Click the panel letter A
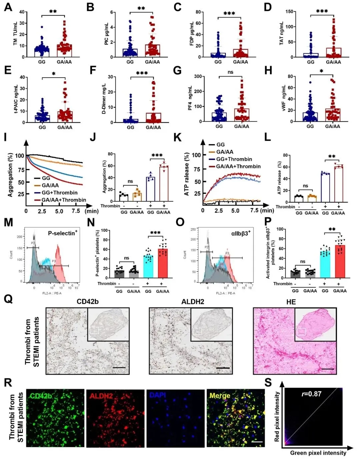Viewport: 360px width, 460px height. pyautogui.click(x=8, y=7)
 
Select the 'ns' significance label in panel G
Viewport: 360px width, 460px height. pyautogui.click(x=230, y=72)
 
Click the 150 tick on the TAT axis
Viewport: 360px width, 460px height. pyautogui.click(x=289, y=12)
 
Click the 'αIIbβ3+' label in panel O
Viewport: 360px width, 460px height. pyautogui.click(x=241, y=233)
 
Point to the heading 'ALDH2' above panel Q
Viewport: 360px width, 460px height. pyautogui.click(x=193, y=302)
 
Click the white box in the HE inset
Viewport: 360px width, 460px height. pyautogui.click(x=302, y=332)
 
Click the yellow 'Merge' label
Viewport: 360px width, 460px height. pyautogui.click(x=220, y=396)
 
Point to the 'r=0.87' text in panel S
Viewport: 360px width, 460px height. pyautogui.click(x=312, y=394)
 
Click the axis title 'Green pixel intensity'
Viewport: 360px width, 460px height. pyautogui.click(x=318, y=453)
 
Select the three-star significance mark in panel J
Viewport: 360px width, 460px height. pyautogui.click(x=157, y=155)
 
